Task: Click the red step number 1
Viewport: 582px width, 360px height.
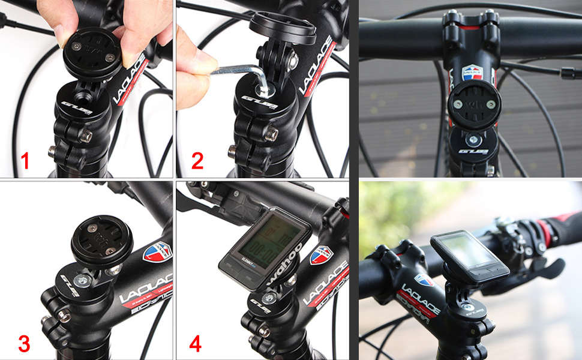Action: click(x=25, y=161)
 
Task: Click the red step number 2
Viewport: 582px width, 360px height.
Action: click(x=197, y=161)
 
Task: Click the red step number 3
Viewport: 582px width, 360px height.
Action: click(x=24, y=344)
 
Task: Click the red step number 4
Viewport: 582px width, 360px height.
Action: click(x=196, y=344)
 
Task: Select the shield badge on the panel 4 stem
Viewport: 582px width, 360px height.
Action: click(x=322, y=255)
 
